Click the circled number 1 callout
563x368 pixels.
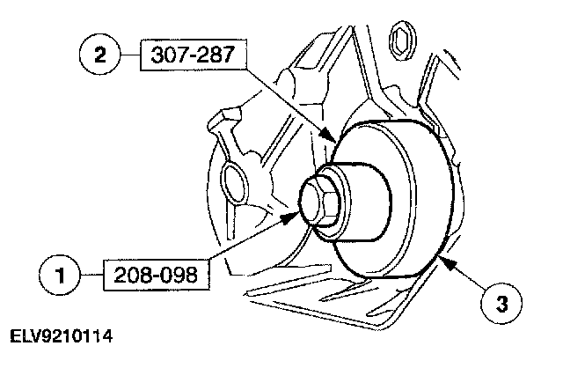[59, 276]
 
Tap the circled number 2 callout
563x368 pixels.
[99, 55]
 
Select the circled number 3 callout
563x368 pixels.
[501, 304]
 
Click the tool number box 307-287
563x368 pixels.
[194, 55]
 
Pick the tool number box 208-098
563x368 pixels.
[156, 275]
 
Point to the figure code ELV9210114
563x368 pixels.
[61, 336]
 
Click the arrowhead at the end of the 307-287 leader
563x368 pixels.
[328, 135]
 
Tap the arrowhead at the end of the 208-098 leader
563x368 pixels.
[290, 217]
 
